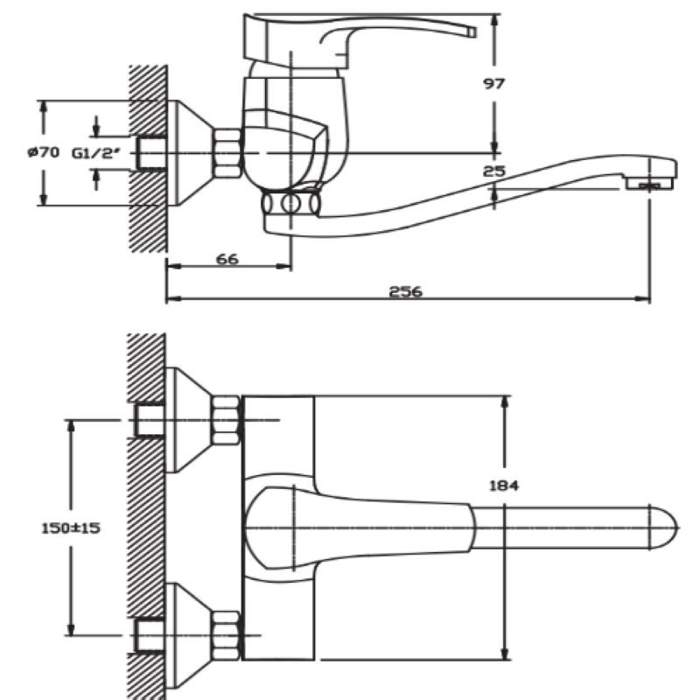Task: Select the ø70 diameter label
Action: tap(43, 152)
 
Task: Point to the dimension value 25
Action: tap(493, 171)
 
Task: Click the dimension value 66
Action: tap(227, 258)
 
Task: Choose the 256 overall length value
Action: tap(406, 291)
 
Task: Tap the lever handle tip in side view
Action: tap(472, 32)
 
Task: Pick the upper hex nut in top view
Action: tap(226, 420)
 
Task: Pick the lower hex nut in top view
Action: tap(226, 634)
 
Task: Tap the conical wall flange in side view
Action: tap(188, 152)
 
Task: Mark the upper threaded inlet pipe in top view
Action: tap(150, 420)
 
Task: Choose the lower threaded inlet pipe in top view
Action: tap(150, 634)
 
